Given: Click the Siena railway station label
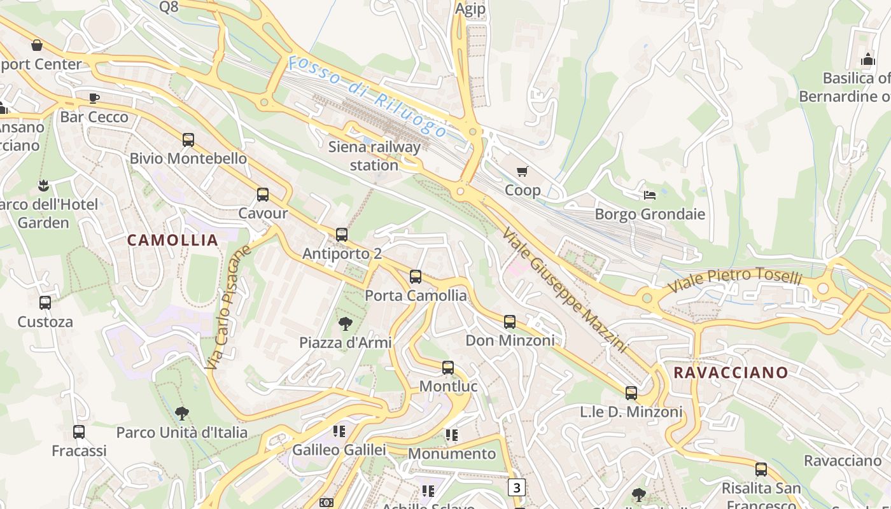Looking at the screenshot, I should coord(374,156).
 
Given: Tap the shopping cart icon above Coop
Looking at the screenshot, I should coord(523,171).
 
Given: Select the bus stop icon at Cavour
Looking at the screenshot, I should coord(263,195).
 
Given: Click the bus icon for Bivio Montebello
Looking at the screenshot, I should coord(188,140).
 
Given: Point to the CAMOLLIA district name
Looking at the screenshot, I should coord(172,240).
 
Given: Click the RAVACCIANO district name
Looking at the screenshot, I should coord(731,372).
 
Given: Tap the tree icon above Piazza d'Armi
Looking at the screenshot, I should coord(346,324).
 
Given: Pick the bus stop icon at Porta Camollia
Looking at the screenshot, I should coord(416,277).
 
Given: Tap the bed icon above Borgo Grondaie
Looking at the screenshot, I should coord(650,195).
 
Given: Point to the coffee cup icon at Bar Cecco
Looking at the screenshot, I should coord(94,98).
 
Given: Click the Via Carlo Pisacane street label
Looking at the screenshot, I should coord(228,308).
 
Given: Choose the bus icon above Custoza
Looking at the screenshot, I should coord(45,303).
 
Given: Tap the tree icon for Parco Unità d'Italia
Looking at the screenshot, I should coord(182,414).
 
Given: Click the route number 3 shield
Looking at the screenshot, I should coord(517,488).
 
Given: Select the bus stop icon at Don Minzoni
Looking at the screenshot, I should coord(510,322).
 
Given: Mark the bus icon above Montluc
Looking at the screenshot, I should coord(448,368).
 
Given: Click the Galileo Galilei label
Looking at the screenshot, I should coord(339,450).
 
